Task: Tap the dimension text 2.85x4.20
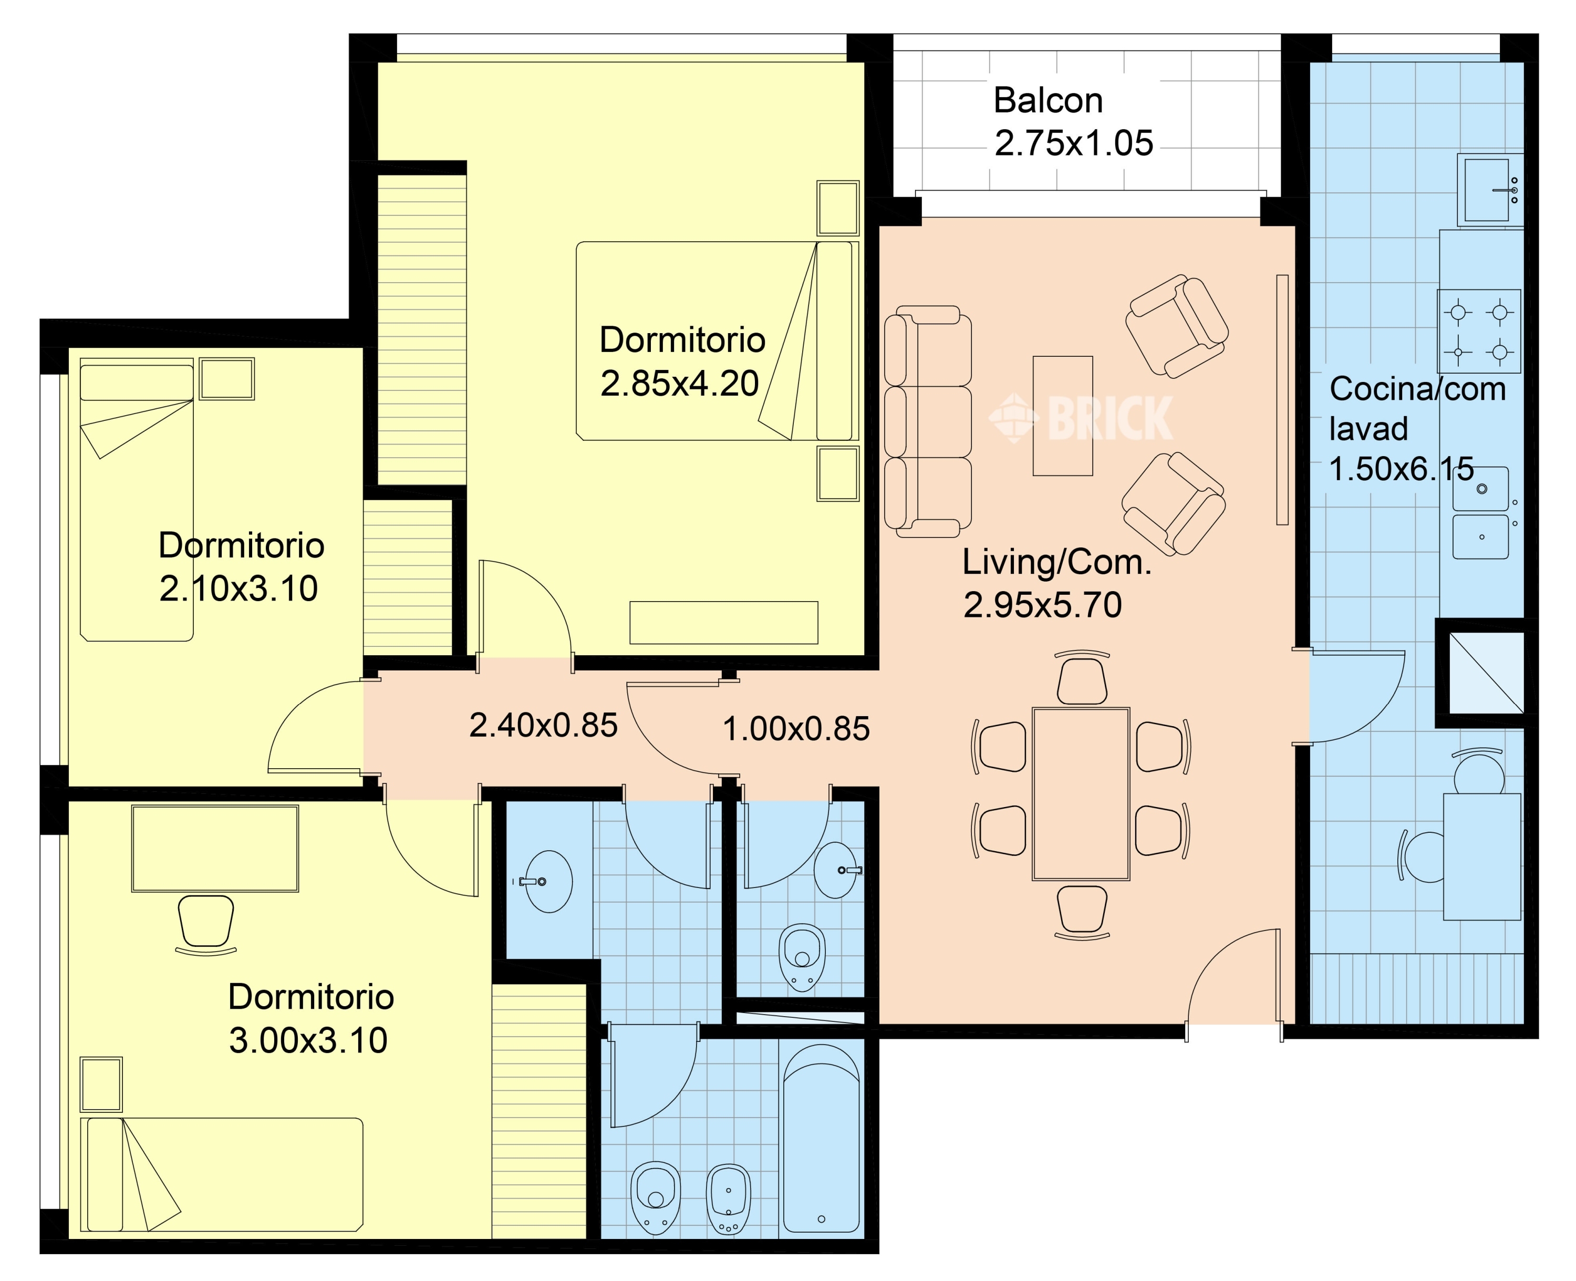tap(680, 384)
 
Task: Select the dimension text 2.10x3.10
tap(239, 589)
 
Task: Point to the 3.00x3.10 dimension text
tap(308, 1040)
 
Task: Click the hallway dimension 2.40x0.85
tap(543, 726)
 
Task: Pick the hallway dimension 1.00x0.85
tap(796, 729)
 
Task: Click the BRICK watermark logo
tap(1081, 418)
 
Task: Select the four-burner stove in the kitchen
tap(1479, 332)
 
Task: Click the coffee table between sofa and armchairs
tap(1062, 416)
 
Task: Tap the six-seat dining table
tap(1081, 794)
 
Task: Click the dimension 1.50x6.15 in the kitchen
tap(1401, 469)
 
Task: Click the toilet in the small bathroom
tap(802, 957)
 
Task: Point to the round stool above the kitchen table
tap(1479, 772)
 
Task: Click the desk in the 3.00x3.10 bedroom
tap(215, 849)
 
